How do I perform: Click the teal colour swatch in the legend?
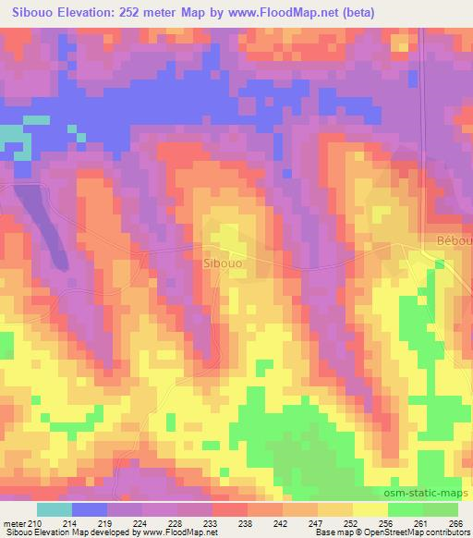(x=55, y=509)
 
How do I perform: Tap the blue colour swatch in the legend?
(x=90, y=509)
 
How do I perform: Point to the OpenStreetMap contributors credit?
(x=415, y=532)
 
